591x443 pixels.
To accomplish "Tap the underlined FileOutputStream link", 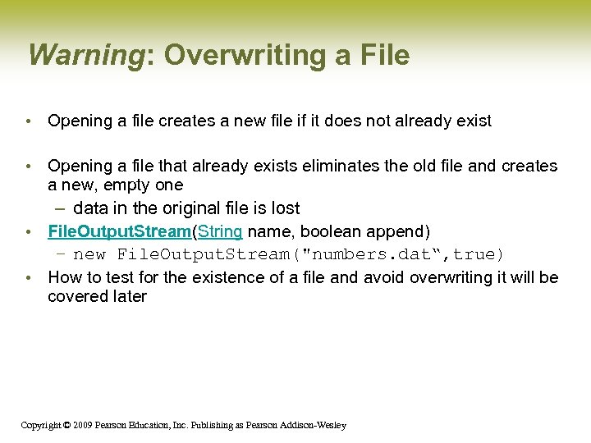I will click(119, 231).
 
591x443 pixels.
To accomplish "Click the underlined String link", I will click(220, 231).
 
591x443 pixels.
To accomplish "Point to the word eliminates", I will click(344, 166).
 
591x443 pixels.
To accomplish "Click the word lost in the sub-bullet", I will click(282, 208).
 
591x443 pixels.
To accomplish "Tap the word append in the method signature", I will click(399, 231).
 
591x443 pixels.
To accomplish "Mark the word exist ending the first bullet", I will click(473, 121).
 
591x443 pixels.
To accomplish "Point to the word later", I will click(128, 296).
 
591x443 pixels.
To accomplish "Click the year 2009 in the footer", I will click(82, 425).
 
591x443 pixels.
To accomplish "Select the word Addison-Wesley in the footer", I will click(314, 425).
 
